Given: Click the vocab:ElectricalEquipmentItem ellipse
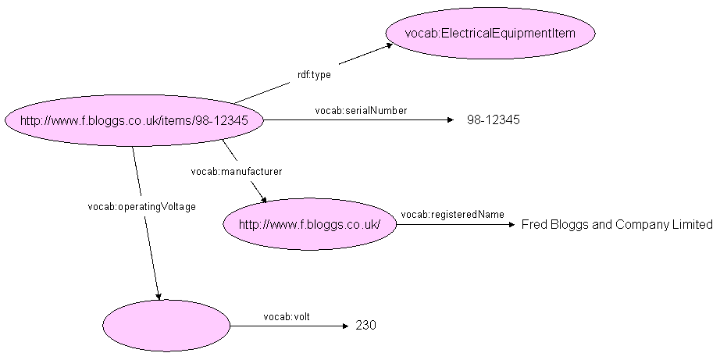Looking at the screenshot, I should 490,33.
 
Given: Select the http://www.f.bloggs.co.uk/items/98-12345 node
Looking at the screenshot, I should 134,120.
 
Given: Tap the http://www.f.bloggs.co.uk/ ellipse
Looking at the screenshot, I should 309,224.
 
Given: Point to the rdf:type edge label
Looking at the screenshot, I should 314,75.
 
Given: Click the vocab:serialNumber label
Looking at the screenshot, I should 361,111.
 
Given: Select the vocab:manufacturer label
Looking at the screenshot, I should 237,170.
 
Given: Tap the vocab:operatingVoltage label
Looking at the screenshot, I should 141,207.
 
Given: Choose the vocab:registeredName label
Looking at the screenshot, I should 452,214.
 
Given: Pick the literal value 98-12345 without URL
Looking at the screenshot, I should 493,120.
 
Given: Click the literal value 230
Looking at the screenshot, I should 365,326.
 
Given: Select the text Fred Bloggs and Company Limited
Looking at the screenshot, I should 616,225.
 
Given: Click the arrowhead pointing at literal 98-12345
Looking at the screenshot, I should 449,120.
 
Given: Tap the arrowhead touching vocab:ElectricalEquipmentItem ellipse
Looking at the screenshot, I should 388,46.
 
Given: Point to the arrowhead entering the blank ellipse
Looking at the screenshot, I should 159,296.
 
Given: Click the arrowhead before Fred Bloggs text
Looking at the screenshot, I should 512,225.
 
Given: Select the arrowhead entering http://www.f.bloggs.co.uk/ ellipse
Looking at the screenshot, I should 263,200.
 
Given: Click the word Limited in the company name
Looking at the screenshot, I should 693,225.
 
